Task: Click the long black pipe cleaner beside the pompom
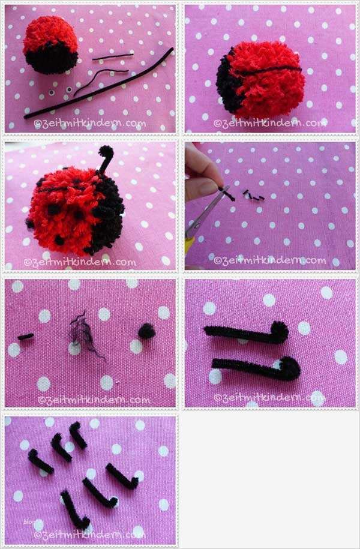(99, 84)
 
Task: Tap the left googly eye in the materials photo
(52, 93)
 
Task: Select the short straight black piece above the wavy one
(113, 57)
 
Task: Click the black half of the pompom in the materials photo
(51, 58)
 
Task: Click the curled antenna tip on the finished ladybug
(106, 151)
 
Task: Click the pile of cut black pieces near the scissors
(254, 196)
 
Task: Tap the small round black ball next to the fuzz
(147, 331)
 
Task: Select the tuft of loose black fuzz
(84, 332)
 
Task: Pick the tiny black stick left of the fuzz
(26, 337)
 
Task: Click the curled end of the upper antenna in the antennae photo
(279, 331)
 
